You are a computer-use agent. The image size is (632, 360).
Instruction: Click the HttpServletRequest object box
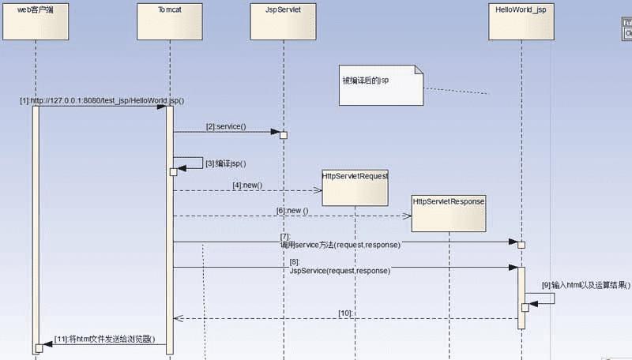click(x=355, y=187)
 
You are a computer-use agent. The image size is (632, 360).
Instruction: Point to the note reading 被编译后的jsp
click(x=382, y=86)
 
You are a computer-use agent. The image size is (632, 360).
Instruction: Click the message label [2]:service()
click(x=226, y=127)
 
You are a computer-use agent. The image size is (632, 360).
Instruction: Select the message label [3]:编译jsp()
click(x=226, y=163)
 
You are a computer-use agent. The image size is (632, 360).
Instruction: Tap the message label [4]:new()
click(x=247, y=186)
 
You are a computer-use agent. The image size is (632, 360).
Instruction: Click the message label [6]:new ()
click(x=292, y=211)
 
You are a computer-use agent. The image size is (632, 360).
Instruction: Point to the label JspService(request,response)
click(x=340, y=270)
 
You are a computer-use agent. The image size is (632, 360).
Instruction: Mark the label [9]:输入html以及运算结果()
click(x=586, y=284)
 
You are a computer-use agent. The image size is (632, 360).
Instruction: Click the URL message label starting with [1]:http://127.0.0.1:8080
click(x=103, y=101)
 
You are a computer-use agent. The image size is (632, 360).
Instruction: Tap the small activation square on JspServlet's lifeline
click(x=284, y=135)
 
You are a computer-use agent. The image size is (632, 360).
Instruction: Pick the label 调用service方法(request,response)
click(x=340, y=245)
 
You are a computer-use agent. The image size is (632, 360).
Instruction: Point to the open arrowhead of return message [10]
click(x=178, y=319)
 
